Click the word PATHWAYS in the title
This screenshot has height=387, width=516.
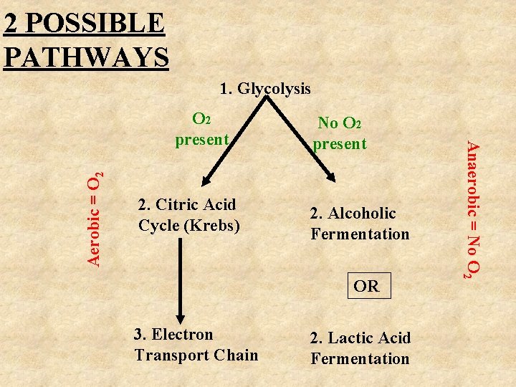coord(86,55)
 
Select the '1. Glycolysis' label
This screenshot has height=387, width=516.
coord(265,89)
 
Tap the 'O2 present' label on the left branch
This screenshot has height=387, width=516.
coord(201,129)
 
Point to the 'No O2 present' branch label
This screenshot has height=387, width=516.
coord(339,133)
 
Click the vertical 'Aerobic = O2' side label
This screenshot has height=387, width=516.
coord(96,219)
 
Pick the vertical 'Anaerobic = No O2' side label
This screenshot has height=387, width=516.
coord(472,209)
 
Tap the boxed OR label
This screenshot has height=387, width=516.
coord(366,287)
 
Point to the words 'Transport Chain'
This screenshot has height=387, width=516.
coord(196,355)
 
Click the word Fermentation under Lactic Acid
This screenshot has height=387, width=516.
coord(360,359)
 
